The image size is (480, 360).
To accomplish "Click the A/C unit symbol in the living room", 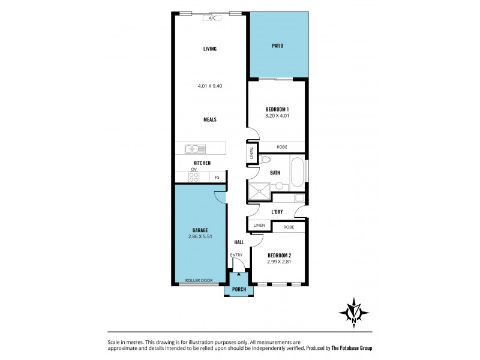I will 212,19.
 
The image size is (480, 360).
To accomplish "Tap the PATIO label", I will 277,46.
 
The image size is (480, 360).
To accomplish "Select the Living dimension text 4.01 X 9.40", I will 210,86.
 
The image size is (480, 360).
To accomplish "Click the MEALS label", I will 209,119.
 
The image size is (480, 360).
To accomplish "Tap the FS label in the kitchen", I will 217,177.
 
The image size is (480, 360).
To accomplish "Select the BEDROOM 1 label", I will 277,109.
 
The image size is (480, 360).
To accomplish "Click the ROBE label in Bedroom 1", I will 281,146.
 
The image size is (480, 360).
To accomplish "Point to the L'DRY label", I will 277,212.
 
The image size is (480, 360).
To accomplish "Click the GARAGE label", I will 201,230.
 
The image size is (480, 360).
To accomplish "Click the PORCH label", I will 239,289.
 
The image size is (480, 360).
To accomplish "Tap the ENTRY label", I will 237,255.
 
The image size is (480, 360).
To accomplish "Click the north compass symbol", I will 355,312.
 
